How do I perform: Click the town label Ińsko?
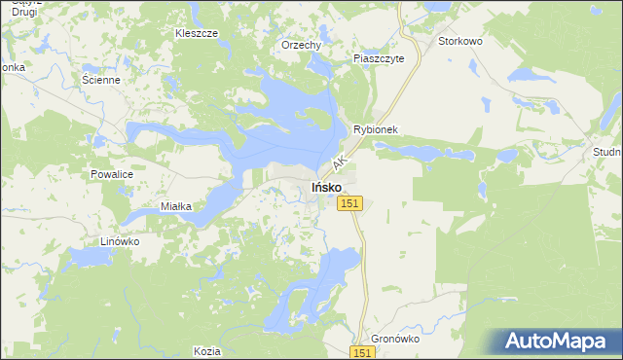coord(325,186)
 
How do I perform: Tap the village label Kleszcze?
coord(196,32)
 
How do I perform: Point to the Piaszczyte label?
coord(385,57)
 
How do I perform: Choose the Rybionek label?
coord(377,128)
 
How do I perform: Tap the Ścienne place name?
coord(101,80)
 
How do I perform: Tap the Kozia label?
coord(206,350)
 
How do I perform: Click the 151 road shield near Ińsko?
coord(351,202)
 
